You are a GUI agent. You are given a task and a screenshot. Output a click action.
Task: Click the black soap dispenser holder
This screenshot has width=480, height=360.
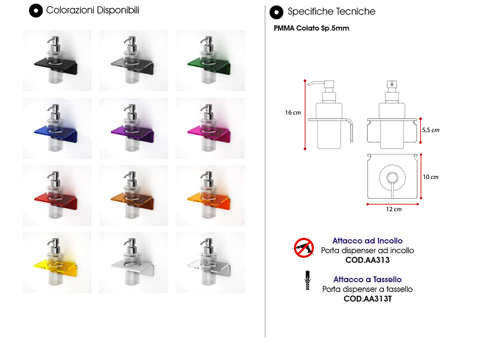pyautogui.click(x=57, y=60)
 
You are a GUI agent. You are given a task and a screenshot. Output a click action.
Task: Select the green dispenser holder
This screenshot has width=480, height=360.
pyautogui.click(x=210, y=60)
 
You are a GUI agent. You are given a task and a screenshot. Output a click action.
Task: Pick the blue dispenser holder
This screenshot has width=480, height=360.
pyautogui.click(x=57, y=128)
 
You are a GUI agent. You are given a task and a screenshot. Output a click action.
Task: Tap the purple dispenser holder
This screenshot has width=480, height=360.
pyautogui.click(x=134, y=128)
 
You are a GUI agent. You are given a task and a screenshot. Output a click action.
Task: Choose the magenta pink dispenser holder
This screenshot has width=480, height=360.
pyautogui.click(x=210, y=128)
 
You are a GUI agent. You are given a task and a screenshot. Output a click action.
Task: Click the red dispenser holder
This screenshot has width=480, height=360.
pyautogui.click(x=57, y=195)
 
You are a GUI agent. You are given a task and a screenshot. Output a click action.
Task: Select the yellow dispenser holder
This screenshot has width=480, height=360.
pyautogui.click(x=57, y=262)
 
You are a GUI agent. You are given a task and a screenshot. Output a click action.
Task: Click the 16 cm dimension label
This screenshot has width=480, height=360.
pyautogui.click(x=293, y=112)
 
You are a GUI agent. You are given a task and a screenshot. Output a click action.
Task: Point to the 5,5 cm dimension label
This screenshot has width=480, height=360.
pyautogui.click(x=431, y=130)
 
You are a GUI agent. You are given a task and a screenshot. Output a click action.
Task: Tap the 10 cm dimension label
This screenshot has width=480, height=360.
pyautogui.click(x=431, y=177)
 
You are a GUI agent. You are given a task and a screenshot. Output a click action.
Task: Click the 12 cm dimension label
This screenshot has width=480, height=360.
pyautogui.click(x=394, y=209)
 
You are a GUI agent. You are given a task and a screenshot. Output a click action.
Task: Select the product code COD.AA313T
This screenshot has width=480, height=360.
pyautogui.click(x=367, y=299)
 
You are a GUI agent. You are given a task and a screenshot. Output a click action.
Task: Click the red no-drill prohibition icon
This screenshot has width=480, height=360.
pyautogui.click(x=304, y=247)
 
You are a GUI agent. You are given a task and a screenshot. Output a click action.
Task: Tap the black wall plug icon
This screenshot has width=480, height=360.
pyautogui.click(x=307, y=280)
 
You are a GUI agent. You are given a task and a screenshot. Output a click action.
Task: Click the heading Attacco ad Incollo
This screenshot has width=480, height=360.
pyautogui.click(x=367, y=240)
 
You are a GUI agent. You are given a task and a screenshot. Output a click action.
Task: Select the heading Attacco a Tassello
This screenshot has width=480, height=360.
pyautogui.click(x=367, y=279)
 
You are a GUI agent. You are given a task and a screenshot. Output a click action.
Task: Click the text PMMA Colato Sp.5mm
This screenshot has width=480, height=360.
pyautogui.click(x=311, y=28)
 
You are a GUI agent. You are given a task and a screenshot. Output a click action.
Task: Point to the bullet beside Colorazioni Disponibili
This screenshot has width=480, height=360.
pyautogui.click(x=36, y=11)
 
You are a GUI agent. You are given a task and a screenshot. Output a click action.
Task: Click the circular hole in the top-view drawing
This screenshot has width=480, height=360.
pyautogui.click(x=392, y=178)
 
